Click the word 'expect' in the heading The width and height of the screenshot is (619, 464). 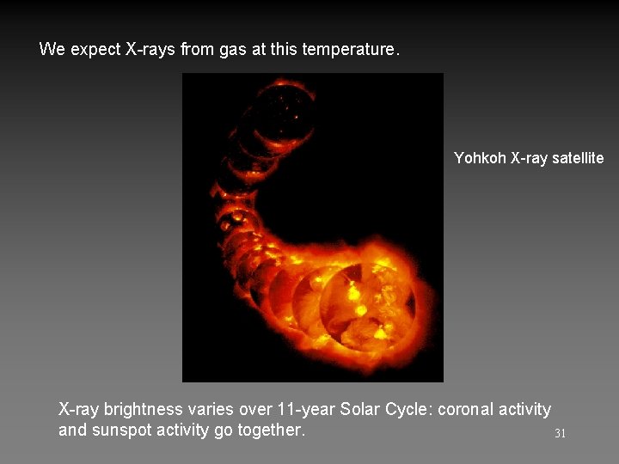click(95, 50)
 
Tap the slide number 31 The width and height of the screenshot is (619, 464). click(560, 434)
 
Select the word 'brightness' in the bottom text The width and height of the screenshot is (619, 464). click(143, 409)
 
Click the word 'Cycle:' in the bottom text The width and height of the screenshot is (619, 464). click(408, 409)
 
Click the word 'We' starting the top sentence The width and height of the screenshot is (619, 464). click(52, 50)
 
